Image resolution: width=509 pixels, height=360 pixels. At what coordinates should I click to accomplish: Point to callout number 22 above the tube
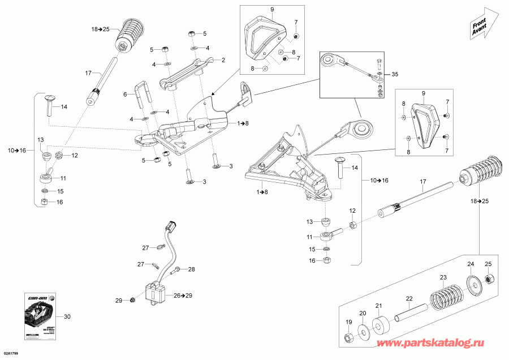tap(408, 298)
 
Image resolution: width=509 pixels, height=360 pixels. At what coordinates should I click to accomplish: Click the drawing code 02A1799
tap(12, 354)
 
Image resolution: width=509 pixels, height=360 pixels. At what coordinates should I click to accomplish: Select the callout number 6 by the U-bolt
tap(125, 95)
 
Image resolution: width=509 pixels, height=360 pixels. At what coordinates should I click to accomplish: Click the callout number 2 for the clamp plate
tap(223, 60)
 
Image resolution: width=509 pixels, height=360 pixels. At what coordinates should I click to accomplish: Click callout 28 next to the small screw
tap(191, 269)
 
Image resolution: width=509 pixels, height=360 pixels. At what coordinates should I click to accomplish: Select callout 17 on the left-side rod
tap(88, 73)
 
